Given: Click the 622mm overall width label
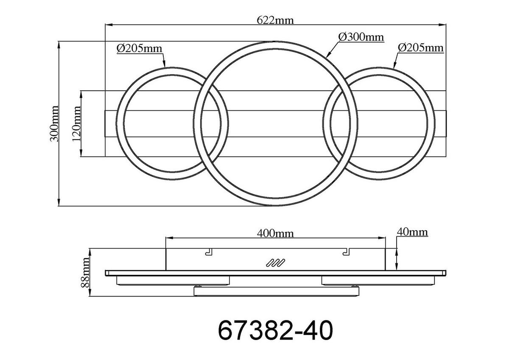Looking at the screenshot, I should (275, 20).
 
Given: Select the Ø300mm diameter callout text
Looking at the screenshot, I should (361, 37).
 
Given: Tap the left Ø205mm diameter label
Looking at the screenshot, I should (140, 48).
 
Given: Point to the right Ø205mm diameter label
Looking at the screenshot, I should (420, 47).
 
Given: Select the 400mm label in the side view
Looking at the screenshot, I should (275, 233).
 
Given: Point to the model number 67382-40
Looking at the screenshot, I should (275, 330).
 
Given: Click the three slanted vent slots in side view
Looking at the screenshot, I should (275, 263).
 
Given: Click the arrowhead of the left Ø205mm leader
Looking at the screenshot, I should (164, 66).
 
